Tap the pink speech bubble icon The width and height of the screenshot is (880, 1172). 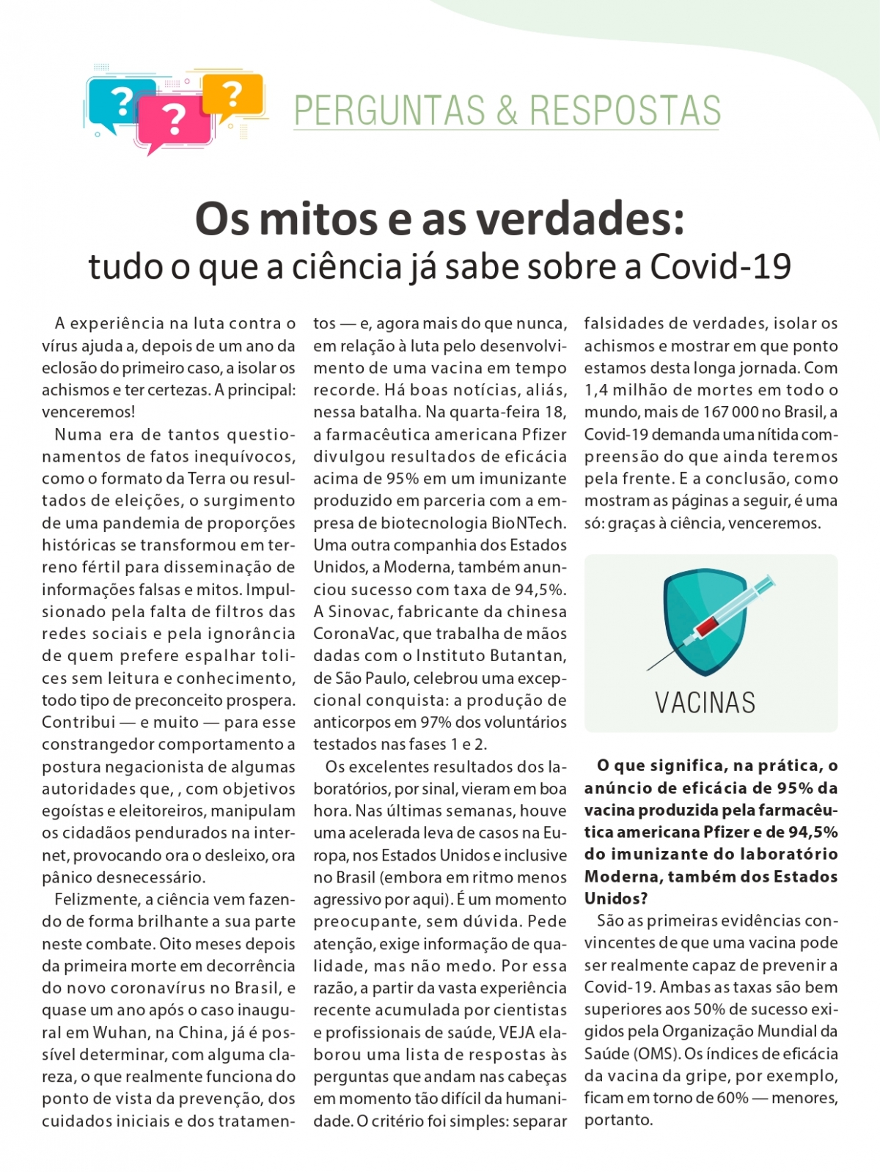[x=174, y=121]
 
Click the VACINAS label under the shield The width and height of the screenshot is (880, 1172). [x=705, y=703]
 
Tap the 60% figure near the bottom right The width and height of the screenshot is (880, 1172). [x=733, y=1098]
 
